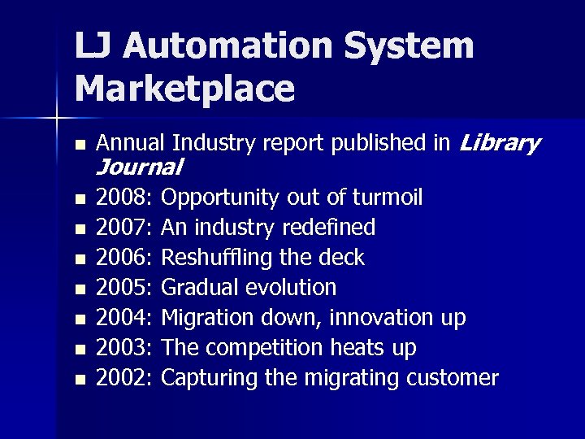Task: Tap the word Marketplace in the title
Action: coord(184,89)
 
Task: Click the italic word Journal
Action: coord(139,168)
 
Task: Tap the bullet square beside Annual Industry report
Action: coord(78,146)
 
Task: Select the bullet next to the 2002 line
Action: coord(78,380)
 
